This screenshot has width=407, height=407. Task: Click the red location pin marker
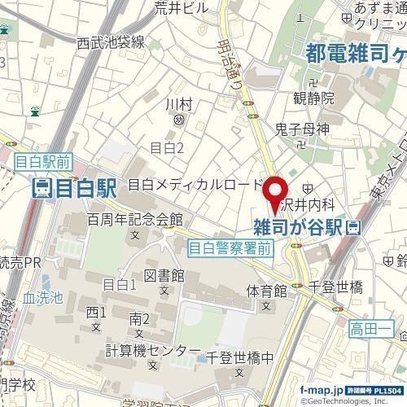[273, 186]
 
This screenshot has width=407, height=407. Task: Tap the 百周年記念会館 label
[134, 220]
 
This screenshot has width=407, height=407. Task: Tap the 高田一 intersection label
[371, 329]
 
